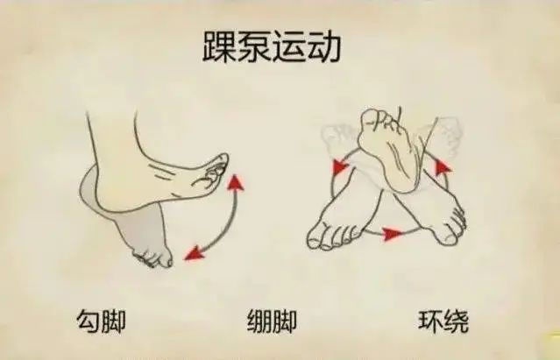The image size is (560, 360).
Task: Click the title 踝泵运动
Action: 272,46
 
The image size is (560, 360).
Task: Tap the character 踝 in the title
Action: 218,47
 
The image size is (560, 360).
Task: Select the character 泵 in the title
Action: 253,46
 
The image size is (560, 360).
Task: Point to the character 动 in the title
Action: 324,46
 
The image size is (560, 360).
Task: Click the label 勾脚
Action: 101,321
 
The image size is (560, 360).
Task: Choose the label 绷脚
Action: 273,321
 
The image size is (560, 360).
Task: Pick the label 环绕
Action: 443,321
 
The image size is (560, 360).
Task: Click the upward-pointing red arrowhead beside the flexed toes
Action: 236,183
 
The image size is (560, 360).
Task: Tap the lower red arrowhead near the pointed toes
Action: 194,253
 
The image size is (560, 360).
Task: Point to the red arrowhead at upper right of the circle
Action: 443,167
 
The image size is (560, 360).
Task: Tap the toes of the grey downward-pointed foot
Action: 153,258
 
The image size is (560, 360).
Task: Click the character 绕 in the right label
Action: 456,321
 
